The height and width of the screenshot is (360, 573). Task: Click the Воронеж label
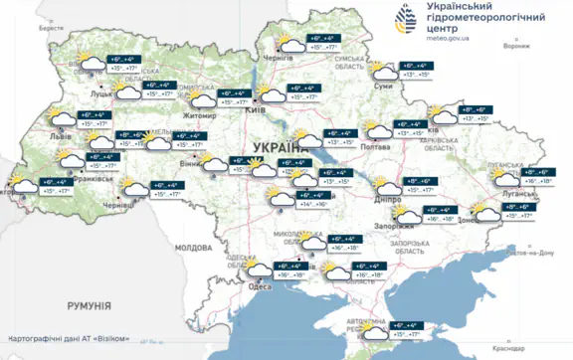[x=516, y=47]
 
